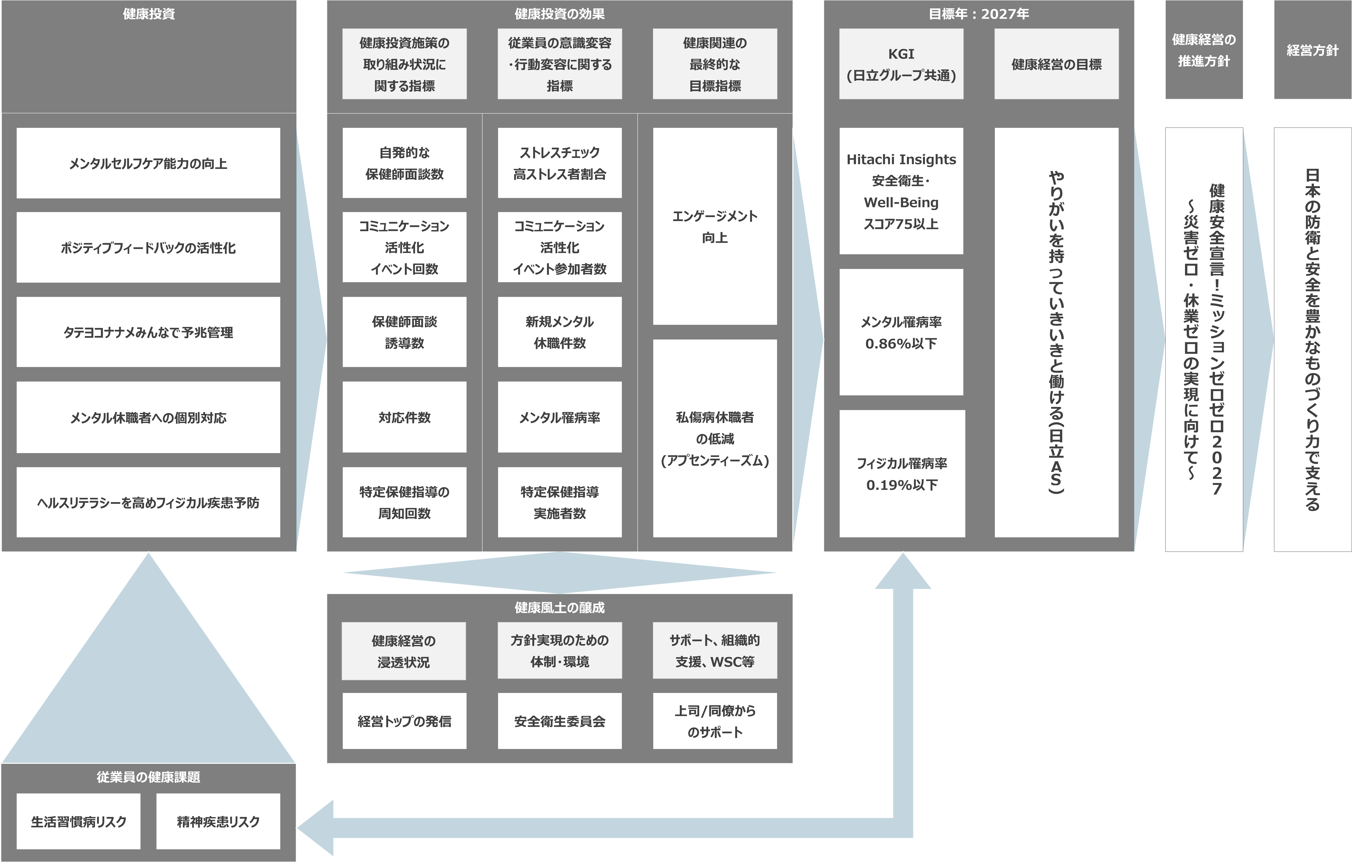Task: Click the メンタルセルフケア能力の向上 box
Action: (148, 163)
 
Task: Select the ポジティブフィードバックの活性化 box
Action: (148, 247)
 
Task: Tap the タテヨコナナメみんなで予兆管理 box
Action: (148, 332)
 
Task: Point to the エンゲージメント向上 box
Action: (715, 226)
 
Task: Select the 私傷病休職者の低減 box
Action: (715, 438)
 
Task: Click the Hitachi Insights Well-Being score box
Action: (901, 191)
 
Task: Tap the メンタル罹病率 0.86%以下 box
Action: (901, 332)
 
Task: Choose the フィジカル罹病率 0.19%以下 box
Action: (902, 474)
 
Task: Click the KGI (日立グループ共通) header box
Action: (901, 64)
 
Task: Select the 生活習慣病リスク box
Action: (79, 822)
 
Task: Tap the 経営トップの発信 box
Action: (404, 721)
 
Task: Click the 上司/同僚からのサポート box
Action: (715, 721)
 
